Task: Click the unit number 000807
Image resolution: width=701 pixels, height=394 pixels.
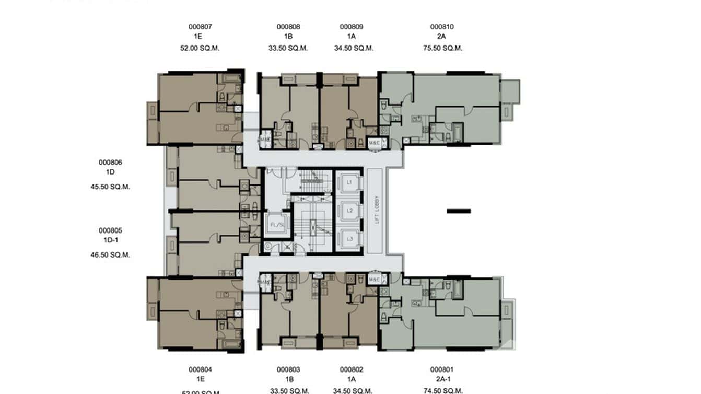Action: (x=200, y=27)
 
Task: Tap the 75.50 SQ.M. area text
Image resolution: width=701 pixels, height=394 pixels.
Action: (x=442, y=48)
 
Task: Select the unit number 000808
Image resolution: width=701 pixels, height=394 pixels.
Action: (x=288, y=27)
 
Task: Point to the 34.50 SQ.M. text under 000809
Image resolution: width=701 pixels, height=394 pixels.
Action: (x=354, y=48)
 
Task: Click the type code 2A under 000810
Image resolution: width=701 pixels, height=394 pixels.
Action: (x=442, y=37)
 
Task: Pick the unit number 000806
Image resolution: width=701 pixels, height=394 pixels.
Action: (x=110, y=163)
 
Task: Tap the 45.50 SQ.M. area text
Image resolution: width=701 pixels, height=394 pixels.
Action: (x=110, y=187)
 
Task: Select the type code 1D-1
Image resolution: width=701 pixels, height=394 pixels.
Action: (x=110, y=240)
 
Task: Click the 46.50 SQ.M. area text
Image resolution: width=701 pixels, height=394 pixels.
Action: (x=110, y=255)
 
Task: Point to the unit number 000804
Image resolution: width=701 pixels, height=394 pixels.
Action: (x=200, y=369)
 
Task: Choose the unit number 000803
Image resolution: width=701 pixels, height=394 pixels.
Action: (x=288, y=369)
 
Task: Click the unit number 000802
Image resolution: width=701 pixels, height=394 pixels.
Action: (x=352, y=369)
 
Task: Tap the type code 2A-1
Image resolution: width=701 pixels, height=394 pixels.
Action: (x=442, y=379)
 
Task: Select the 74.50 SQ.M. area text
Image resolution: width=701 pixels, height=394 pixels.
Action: (x=442, y=390)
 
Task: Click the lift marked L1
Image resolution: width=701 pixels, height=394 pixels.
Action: (x=349, y=182)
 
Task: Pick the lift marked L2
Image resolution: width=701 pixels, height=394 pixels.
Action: (x=349, y=211)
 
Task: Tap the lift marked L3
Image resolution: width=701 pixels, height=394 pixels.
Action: (x=349, y=239)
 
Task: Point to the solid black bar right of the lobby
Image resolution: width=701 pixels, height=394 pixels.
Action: (x=459, y=211)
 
